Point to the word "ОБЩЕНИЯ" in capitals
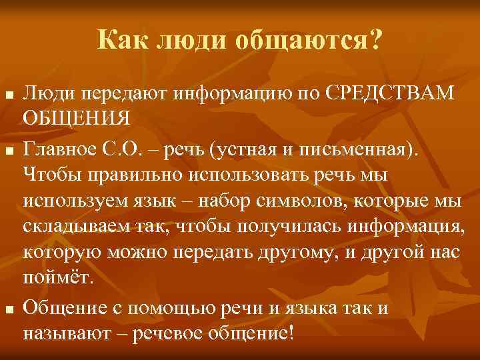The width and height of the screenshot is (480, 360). coord(76,117)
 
